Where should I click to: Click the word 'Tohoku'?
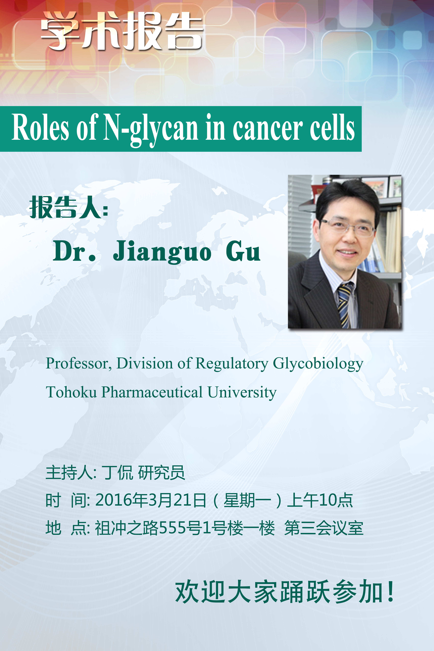(71, 392)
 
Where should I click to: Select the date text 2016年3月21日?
(151, 500)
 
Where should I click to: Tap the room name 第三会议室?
(324, 528)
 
